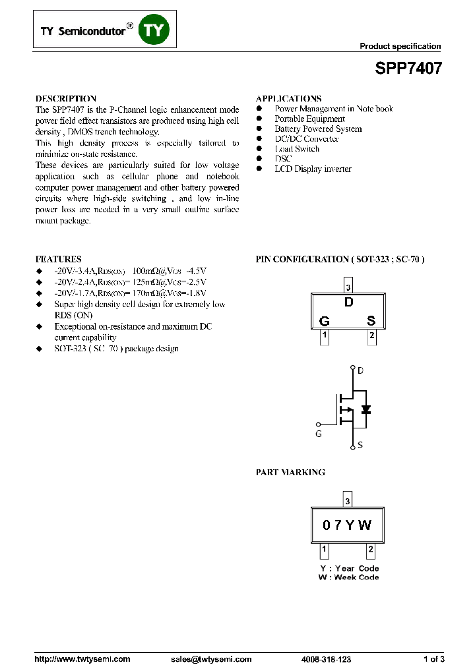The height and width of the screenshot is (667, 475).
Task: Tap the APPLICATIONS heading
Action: click(x=288, y=98)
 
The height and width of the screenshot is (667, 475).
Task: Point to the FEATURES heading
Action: click(x=58, y=259)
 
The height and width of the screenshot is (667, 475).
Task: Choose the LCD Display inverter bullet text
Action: click(x=313, y=169)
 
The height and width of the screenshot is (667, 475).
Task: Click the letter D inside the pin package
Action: click(x=348, y=303)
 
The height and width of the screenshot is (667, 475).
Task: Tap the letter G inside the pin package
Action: click(x=324, y=321)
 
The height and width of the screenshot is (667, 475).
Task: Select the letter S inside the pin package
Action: click(x=371, y=321)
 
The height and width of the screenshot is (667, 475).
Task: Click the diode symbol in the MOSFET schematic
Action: click(x=366, y=409)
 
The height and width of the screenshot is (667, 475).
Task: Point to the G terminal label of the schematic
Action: click(x=319, y=434)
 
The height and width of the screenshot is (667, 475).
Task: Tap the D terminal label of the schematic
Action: click(x=360, y=370)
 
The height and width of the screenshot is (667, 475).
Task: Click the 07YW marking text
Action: click(x=347, y=525)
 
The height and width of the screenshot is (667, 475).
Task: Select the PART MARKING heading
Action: click(x=290, y=473)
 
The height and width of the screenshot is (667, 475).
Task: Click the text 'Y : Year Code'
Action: click(x=349, y=568)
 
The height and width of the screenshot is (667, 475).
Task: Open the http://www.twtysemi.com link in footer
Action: click(x=82, y=659)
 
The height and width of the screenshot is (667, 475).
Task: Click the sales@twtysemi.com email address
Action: click(x=211, y=659)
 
